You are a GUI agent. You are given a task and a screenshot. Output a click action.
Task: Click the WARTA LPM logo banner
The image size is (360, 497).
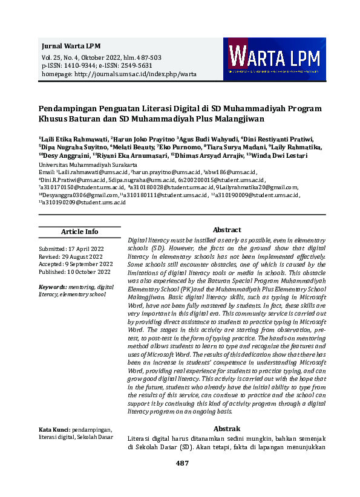tap(274, 60)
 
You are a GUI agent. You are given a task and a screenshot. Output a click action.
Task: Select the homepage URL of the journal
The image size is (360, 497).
tap(119, 74)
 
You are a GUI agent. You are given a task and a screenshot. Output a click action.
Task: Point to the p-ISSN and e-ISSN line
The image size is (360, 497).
tap(97, 65)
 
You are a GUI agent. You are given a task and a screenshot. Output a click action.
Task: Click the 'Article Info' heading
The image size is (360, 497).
tap(79, 232)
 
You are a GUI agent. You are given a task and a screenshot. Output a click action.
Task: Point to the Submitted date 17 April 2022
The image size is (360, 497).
tap(71, 249)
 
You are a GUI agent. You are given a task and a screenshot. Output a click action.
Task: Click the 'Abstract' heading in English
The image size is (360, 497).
tap(227, 230)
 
